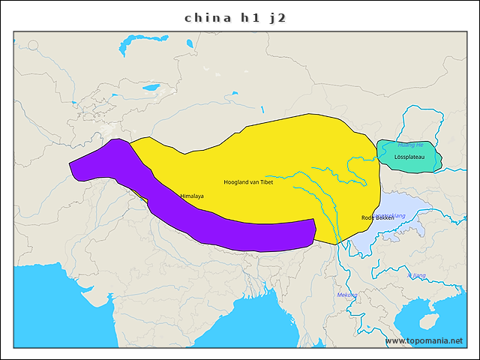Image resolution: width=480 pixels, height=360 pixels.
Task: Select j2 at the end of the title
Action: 277,18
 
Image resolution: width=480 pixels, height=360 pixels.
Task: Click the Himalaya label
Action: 192,196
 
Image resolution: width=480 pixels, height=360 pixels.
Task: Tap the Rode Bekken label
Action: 377,217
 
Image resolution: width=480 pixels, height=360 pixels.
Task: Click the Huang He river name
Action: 410,145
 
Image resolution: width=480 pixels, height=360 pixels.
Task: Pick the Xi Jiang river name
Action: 416,275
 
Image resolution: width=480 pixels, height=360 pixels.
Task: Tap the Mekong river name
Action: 346,295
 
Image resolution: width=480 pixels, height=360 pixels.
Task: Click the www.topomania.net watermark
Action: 424,340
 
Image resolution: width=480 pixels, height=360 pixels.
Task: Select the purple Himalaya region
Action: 225,229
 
